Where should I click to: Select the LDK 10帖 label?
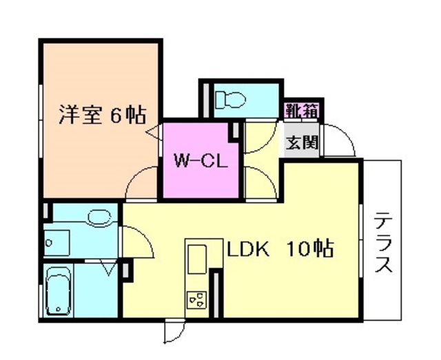point(280,248)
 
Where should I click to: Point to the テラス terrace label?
point(383,244)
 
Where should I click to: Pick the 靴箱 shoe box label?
point(302,109)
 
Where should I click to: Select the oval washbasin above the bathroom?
point(99,219)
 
